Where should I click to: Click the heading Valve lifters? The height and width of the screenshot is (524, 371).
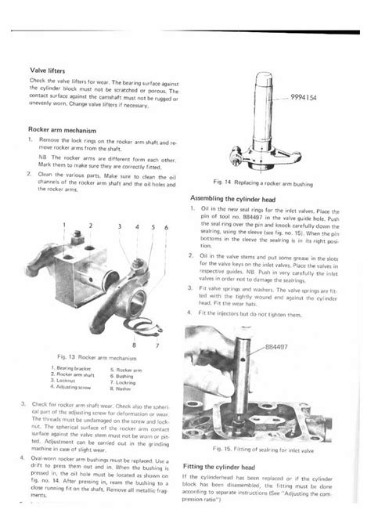(x=48, y=70)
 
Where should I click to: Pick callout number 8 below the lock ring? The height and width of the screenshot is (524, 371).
(x=135, y=344)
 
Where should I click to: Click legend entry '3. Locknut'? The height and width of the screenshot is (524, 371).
(x=67, y=381)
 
